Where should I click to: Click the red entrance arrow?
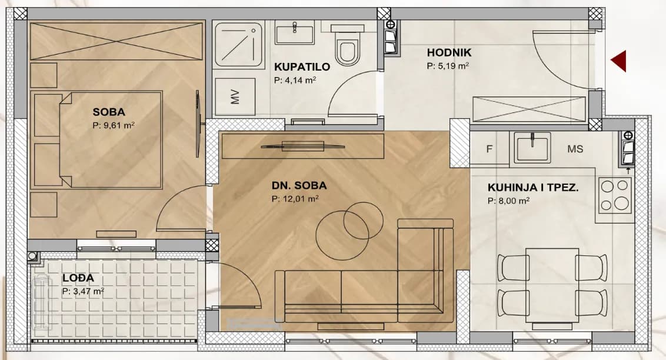click(620, 61)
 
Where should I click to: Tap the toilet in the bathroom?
click(348, 45)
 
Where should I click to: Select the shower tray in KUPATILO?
click(238, 45)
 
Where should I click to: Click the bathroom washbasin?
click(294, 34)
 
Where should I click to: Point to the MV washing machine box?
click(235, 97)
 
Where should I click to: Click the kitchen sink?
click(532, 147)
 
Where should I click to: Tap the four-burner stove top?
click(615, 195)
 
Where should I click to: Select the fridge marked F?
click(489, 148)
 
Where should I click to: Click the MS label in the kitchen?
click(575, 149)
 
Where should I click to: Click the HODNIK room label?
click(449, 52)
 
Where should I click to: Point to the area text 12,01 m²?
click(295, 198)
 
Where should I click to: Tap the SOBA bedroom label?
click(109, 112)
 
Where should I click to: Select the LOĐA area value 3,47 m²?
click(84, 291)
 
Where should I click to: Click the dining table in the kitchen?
click(552, 285)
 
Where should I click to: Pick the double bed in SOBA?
click(96, 139)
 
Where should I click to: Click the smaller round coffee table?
click(363, 221)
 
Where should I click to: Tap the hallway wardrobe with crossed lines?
click(529, 109)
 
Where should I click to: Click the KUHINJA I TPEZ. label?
click(532, 188)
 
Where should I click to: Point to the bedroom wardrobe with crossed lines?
click(116, 41)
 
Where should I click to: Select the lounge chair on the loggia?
click(42, 302)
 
